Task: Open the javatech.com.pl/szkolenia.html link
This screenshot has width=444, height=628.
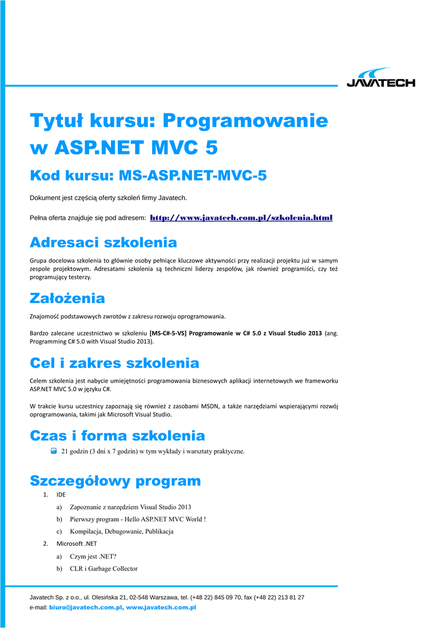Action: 241,218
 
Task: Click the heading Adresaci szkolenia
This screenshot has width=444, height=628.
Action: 103,242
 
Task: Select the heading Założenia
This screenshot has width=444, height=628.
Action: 67,299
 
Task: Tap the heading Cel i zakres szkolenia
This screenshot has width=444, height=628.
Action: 114,363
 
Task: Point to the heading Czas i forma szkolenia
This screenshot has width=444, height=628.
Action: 117,436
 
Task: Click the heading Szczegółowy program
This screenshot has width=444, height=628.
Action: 115,480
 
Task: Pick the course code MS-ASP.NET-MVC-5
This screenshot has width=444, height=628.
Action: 192,176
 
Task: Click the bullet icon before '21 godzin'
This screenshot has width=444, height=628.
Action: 54,451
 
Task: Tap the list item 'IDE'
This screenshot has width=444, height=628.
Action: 61,494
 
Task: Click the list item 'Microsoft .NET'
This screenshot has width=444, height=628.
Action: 77,543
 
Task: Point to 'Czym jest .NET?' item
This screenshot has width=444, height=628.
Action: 93,556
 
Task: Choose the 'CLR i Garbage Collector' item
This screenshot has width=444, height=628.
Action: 104,569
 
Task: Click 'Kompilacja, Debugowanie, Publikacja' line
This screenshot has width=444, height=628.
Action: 121,531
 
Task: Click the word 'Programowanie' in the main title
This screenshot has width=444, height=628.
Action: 245,121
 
